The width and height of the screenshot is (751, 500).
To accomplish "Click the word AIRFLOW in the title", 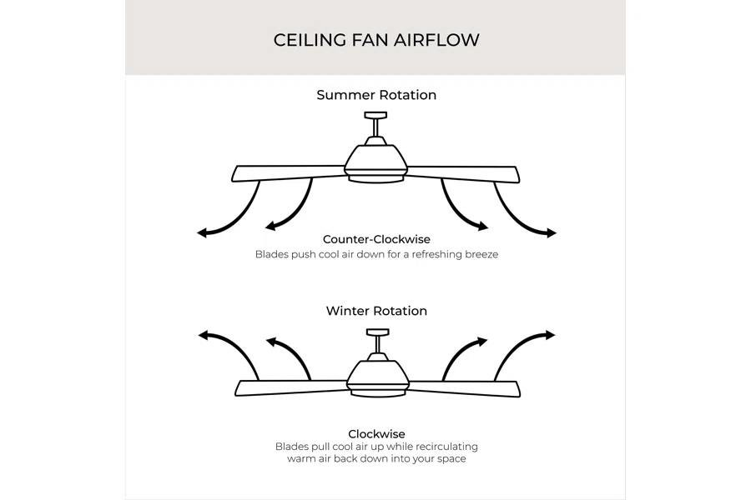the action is pos(436,40).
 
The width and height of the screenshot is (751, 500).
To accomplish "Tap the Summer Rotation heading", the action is pos(376,95).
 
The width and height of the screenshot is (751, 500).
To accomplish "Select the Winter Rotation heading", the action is pos(376,311).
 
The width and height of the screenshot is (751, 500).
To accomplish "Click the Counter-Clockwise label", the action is pos(376,239).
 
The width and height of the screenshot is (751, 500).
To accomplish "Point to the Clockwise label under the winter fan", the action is pos(376,434).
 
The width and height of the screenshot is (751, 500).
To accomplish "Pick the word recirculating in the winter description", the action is pos(446,447).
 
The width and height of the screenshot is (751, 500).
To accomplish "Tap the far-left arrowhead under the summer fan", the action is pos(202,233).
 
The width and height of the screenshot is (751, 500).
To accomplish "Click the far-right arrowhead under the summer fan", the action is pos(552,233).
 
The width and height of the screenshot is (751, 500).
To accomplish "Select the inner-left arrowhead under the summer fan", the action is pos(270,226).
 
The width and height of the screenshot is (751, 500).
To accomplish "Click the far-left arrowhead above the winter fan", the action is pos(204,335).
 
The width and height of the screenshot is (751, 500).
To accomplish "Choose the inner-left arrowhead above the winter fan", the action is pos(271,342).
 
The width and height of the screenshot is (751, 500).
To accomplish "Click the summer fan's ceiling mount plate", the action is pos(375,115).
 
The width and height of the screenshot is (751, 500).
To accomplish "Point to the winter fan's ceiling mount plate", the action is pos(377,332).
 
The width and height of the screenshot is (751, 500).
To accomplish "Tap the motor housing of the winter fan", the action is pos(378,375).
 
